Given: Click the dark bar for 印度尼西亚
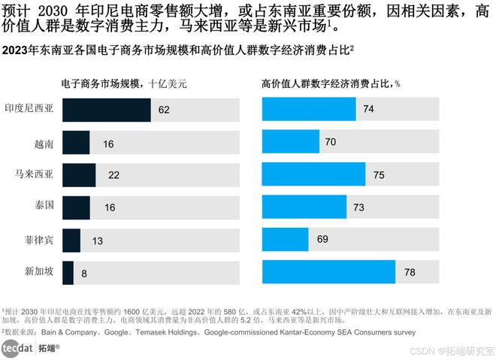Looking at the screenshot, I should (x=106, y=110).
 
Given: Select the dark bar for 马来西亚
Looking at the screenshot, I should (x=78, y=174).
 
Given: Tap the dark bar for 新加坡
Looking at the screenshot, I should (x=68, y=272).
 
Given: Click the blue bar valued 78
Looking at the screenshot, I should (x=328, y=272).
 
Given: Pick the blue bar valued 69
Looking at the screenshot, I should (x=285, y=240).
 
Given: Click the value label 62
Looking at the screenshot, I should (x=164, y=110).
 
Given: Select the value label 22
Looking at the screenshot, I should (x=114, y=175).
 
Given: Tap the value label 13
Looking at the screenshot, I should (x=98, y=241).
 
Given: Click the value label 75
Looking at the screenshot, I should (x=379, y=175).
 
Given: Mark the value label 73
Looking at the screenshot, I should (x=359, y=207).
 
